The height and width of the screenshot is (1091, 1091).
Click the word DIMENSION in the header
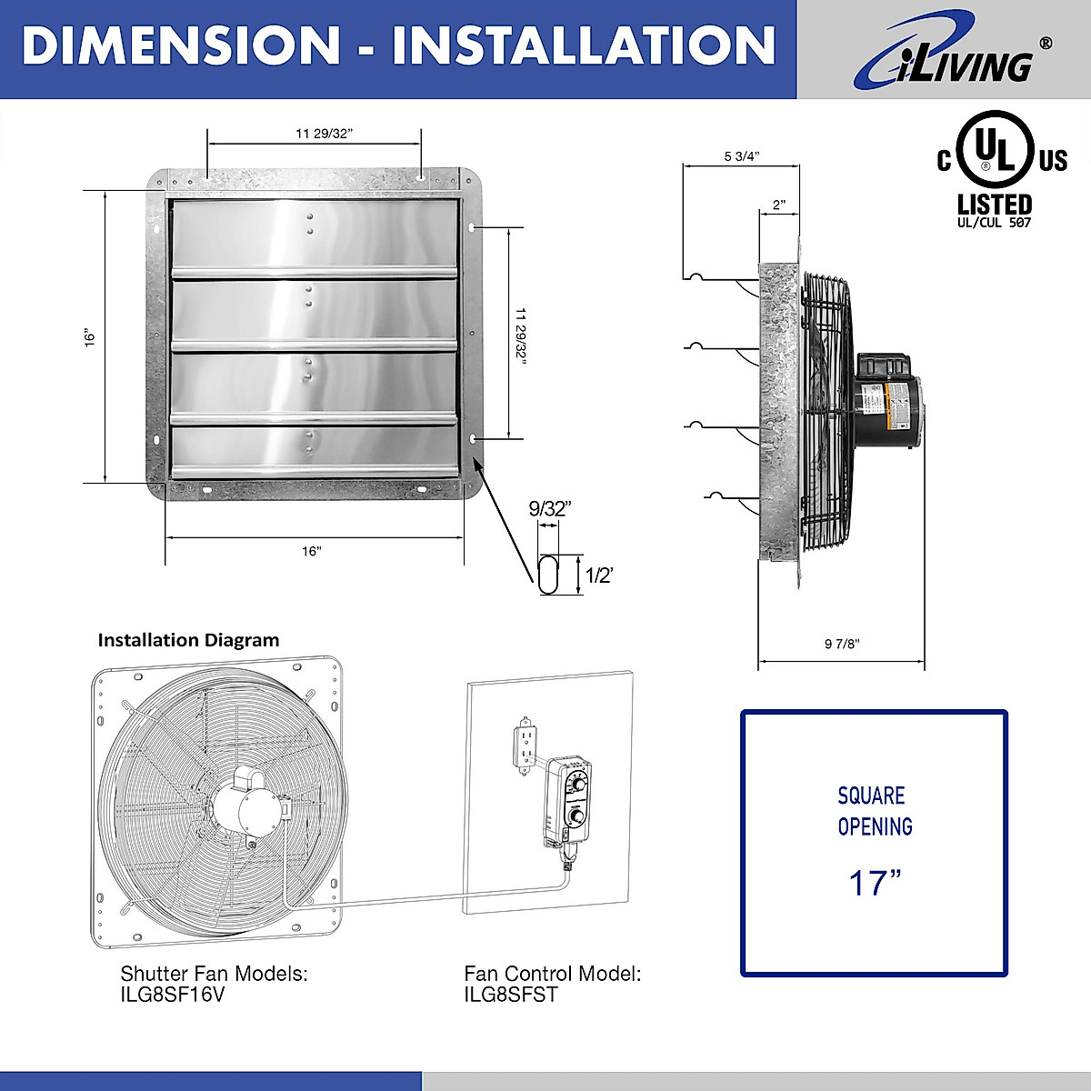click(181, 45)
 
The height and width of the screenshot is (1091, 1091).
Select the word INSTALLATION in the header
click(584, 45)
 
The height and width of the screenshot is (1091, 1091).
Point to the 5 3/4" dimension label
click(742, 156)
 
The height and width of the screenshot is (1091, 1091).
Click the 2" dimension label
click(779, 205)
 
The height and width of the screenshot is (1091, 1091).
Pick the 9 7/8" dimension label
click(842, 644)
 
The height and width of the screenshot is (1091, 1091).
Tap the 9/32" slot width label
click(550, 509)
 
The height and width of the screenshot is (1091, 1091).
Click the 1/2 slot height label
click(599, 576)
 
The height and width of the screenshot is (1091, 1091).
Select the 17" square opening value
click(875, 883)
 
